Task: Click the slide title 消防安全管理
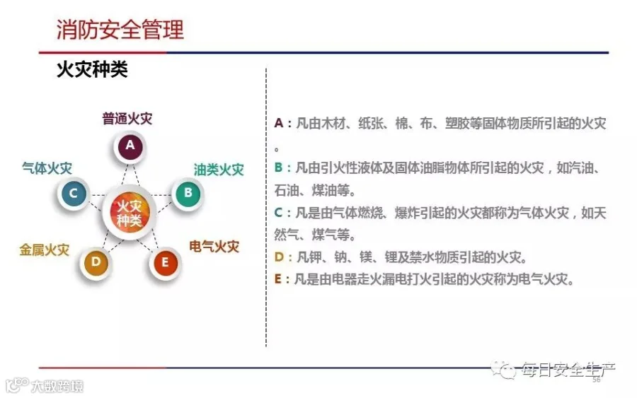(120, 30)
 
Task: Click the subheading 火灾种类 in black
(92, 69)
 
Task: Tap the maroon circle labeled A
(130, 146)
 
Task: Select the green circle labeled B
(188, 193)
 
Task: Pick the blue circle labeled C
(74, 194)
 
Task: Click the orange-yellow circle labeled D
(96, 262)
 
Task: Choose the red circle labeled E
(165, 262)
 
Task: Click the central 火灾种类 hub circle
(130, 213)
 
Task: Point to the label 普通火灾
(127, 119)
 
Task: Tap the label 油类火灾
(219, 170)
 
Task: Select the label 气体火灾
(47, 168)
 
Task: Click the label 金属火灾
(45, 250)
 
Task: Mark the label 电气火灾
(214, 246)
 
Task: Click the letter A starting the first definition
(279, 122)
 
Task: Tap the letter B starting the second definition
(278, 167)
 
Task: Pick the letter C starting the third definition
(278, 212)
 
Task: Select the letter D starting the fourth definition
(279, 257)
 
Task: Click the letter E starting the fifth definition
(278, 279)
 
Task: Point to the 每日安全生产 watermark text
(568, 370)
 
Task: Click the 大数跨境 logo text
(57, 386)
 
